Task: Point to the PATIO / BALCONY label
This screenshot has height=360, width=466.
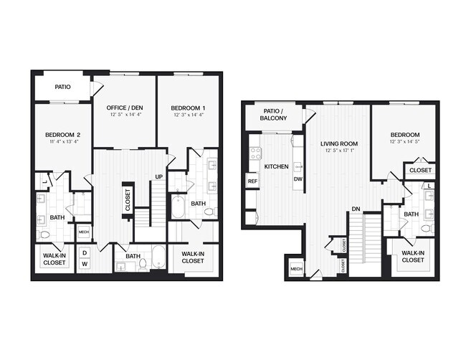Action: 273,114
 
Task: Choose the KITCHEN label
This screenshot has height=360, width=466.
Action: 276,166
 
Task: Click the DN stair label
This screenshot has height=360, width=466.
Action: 356,209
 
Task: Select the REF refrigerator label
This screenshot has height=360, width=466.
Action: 252,181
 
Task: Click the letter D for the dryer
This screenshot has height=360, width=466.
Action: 84,253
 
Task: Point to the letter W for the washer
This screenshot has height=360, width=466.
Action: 84,264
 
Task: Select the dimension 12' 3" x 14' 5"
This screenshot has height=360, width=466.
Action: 405,142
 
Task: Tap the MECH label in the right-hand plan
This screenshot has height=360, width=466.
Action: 295,269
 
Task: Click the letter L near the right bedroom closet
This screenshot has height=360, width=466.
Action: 429,186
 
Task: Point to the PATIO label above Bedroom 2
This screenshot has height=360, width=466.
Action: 62,87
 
